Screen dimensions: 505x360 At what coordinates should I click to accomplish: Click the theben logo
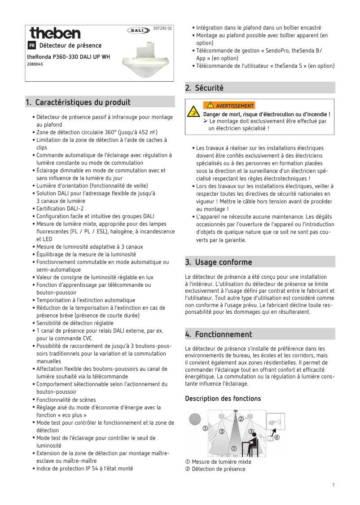(x=55, y=33)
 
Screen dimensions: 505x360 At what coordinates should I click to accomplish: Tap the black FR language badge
(x=32, y=46)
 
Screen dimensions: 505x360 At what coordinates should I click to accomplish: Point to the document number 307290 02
(x=162, y=28)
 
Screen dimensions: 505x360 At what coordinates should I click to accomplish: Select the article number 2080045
(x=35, y=64)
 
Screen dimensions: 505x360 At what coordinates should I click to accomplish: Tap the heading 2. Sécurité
(x=205, y=88)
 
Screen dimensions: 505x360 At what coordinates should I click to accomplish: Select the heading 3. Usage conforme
(x=219, y=262)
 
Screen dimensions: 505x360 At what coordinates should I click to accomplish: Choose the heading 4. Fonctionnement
(x=219, y=334)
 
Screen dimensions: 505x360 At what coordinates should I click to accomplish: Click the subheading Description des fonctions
(x=223, y=399)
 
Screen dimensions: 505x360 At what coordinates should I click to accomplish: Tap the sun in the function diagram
(x=195, y=419)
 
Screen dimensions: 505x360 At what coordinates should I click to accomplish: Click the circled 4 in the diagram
(x=277, y=437)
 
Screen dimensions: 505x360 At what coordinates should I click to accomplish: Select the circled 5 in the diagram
(x=205, y=428)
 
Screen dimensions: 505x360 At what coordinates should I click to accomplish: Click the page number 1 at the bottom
(x=334, y=485)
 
